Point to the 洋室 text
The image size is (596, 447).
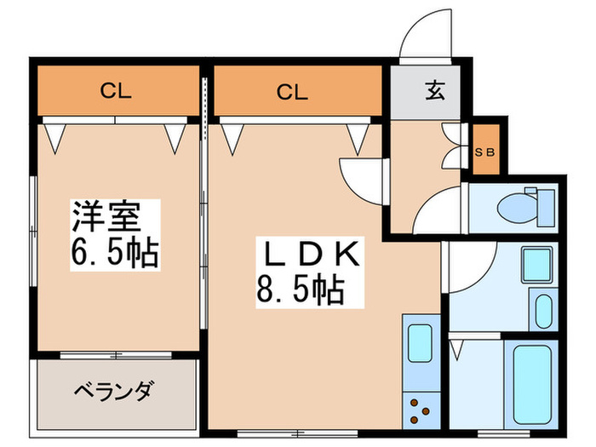pyautogui.click(x=105, y=216)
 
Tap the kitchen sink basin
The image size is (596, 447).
pyautogui.click(x=420, y=341)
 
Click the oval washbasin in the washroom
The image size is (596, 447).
pyautogui.click(x=542, y=310)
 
